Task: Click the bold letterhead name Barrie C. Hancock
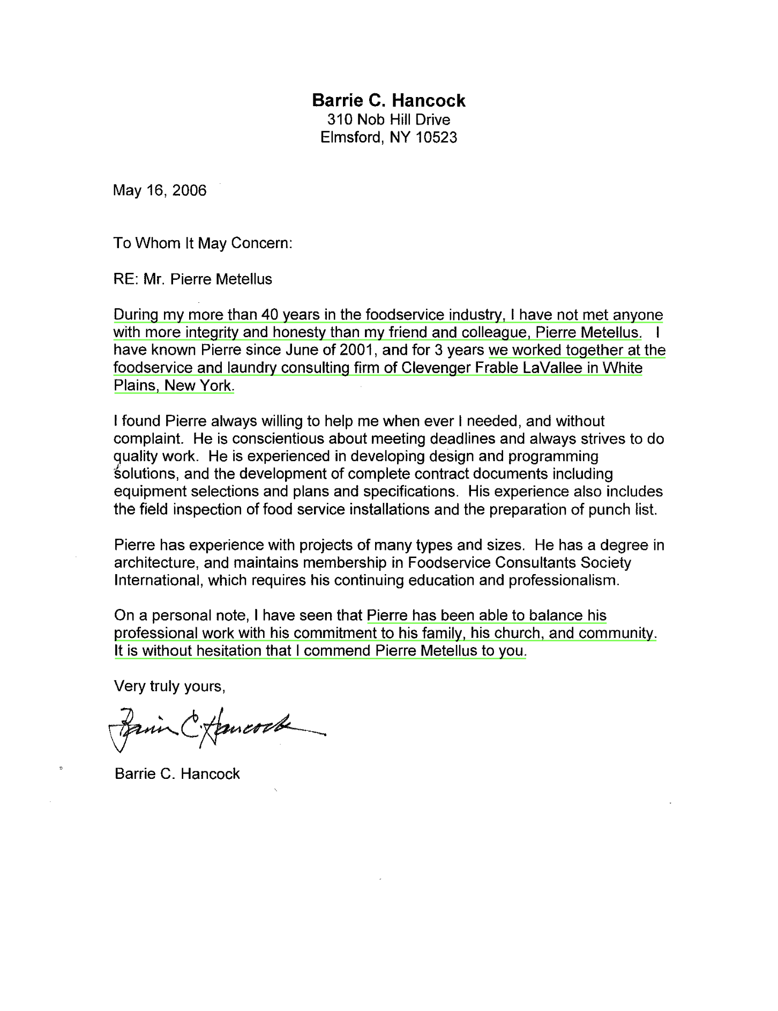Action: (x=388, y=101)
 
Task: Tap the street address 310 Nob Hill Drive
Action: (x=388, y=120)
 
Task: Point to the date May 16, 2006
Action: (x=159, y=190)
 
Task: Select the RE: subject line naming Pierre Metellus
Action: (x=193, y=279)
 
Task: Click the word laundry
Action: (x=252, y=368)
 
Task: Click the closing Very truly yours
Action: (x=169, y=687)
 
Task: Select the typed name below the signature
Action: (x=177, y=774)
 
